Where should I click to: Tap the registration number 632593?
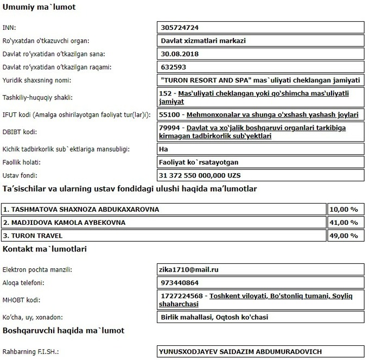click(x=174, y=67)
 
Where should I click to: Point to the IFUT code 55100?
click(x=170, y=115)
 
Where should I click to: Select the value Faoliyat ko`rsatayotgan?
click(x=200, y=162)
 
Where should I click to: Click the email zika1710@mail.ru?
click(x=189, y=269)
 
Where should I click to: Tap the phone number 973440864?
click(x=180, y=282)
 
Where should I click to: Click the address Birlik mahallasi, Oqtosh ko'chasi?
click(x=214, y=317)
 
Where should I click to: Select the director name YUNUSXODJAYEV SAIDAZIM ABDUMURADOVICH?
click(x=240, y=351)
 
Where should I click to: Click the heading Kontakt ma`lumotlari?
click(x=44, y=249)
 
